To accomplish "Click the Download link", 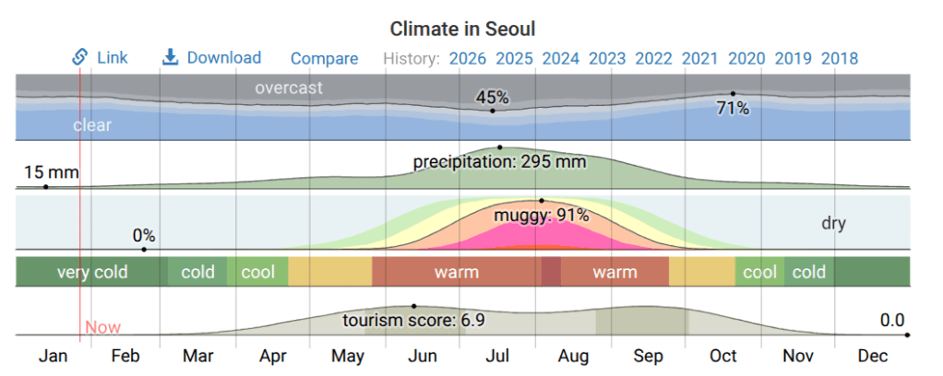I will (212, 57).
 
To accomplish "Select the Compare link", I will (324, 58).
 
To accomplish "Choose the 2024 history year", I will (560, 58).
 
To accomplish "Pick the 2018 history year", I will (839, 58).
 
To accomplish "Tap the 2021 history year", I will (699, 58).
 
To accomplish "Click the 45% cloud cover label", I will (492, 98).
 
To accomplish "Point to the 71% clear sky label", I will (733, 109).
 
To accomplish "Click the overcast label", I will (289, 88).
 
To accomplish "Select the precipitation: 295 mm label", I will (499, 162).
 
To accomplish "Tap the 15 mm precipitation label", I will (51, 172).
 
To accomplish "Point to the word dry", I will (833, 223).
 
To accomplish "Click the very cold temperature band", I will (92, 272).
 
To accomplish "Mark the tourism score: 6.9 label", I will (414, 321).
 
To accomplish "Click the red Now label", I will (102, 327).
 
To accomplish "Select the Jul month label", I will (498, 356).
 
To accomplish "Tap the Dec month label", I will (872, 356).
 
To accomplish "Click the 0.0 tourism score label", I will (891, 320).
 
